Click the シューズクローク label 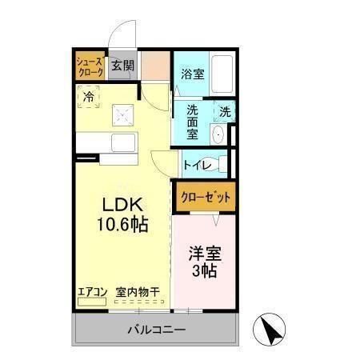[x=90, y=66]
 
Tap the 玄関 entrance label [x=122, y=66]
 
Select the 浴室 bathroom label [x=191, y=75]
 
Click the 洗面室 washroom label [x=193, y=118]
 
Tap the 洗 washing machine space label [x=225, y=112]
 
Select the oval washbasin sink [x=218, y=134]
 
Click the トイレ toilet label [x=197, y=165]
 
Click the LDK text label [x=119, y=204]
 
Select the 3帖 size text [x=205, y=272]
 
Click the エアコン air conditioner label [x=92, y=292]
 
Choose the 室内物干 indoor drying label [x=137, y=292]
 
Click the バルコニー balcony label [x=156, y=330]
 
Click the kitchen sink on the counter [x=125, y=145]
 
